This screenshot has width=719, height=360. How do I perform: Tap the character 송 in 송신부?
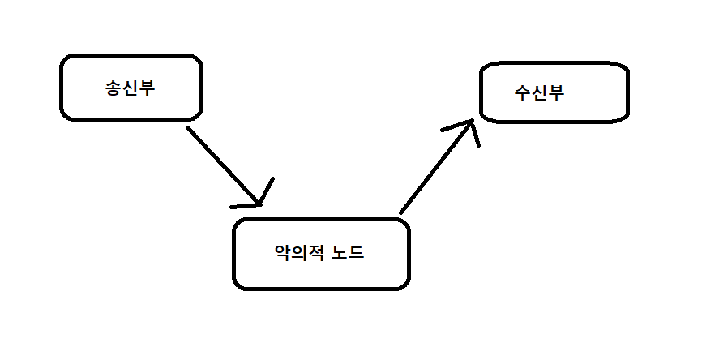113,88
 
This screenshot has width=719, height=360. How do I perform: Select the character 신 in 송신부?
130,88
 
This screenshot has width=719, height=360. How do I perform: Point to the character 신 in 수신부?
538,92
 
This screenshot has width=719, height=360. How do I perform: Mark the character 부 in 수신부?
555,92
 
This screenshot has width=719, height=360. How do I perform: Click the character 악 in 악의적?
283,253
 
